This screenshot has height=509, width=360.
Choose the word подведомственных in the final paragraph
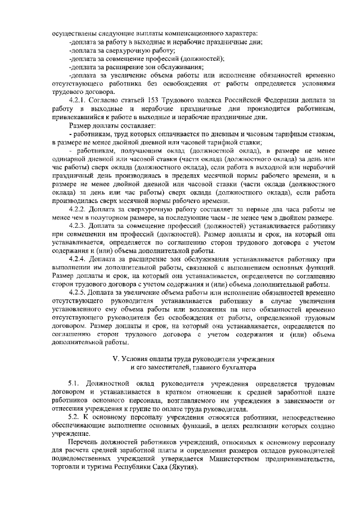[x=84, y=460]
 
